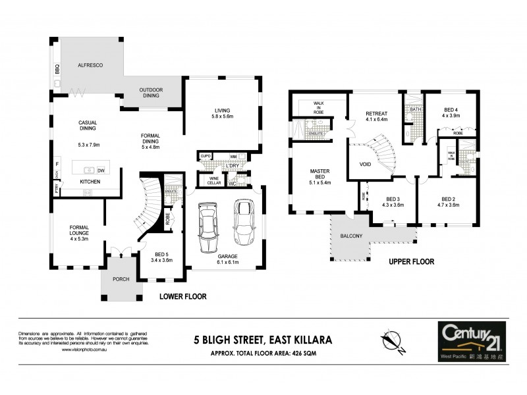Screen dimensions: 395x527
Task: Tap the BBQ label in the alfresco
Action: [57, 67]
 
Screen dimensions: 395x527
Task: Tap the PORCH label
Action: [120, 278]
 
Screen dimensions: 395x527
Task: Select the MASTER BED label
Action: [319, 174]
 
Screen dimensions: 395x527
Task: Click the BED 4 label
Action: [450, 110]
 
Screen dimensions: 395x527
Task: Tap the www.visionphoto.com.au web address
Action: [85, 350]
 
